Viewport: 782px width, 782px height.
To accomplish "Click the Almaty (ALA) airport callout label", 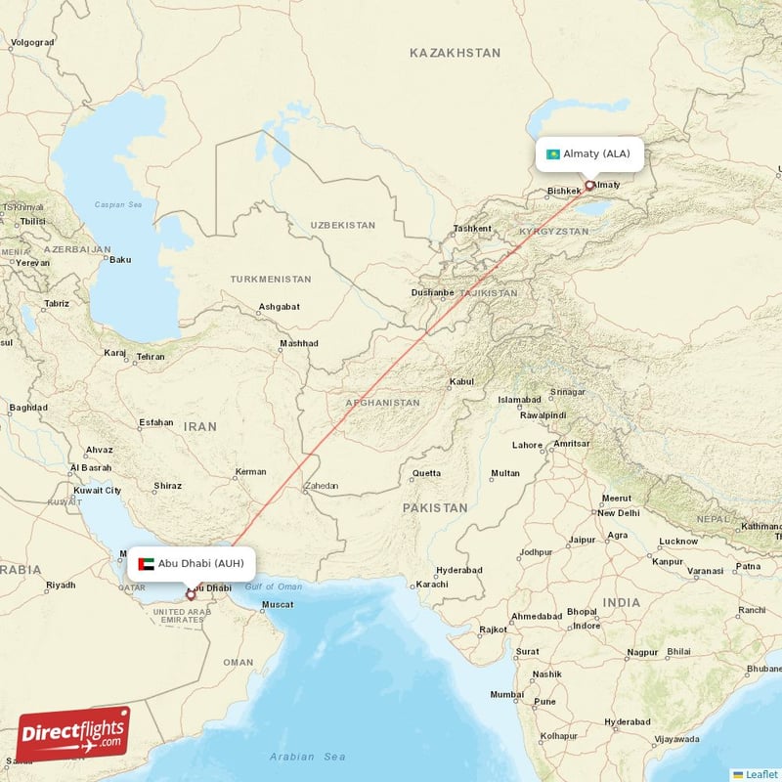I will click(x=589, y=153).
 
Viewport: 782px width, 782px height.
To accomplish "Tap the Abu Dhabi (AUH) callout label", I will click(x=192, y=563).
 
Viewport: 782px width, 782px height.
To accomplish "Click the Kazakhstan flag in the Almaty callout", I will click(x=553, y=153).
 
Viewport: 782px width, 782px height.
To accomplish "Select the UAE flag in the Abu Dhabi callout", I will click(x=147, y=563).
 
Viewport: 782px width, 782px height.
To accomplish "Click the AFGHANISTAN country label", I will click(x=382, y=403).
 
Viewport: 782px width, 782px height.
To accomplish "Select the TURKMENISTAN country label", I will click(x=271, y=280).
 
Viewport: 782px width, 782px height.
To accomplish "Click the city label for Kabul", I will click(x=460, y=382).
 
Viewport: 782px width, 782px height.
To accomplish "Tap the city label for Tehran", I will click(x=151, y=357).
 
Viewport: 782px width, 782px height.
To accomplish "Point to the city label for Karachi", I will click(x=430, y=585).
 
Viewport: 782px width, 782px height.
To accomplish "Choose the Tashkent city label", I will click(x=472, y=229).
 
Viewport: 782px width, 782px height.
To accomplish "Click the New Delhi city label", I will click(x=618, y=512).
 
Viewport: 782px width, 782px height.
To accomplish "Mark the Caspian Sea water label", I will click(x=118, y=205).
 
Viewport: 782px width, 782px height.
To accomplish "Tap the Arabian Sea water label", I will click(x=308, y=756).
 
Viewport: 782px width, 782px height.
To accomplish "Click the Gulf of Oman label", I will click(x=274, y=586).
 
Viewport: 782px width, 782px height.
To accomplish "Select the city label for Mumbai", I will click(x=506, y=694).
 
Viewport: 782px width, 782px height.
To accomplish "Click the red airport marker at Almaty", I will click(x=589, y=184).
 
